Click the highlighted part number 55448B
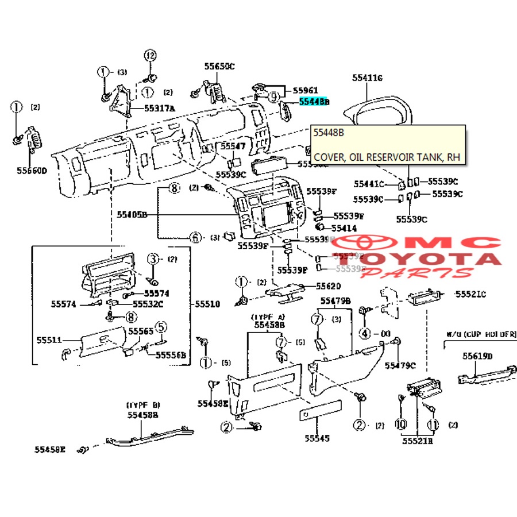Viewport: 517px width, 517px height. tap(314, 102)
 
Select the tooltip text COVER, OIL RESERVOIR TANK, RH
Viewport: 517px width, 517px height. tap(387, 157)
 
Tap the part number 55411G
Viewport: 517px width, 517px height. tap(367, 77)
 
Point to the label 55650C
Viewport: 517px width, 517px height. tap(219, 67)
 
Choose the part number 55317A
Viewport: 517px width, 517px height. tap(160, 107)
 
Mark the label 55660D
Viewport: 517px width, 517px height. tap(32, 171)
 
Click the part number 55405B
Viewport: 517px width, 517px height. tap(132, 214)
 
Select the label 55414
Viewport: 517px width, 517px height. tap(344, 228)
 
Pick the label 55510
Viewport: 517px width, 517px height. tap(207, 304)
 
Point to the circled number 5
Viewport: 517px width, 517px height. tap(162, 327)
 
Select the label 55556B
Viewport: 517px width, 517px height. tap(171, 356)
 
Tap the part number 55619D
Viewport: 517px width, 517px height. tap(478, 356)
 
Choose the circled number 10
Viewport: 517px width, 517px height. tap(400, 425)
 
